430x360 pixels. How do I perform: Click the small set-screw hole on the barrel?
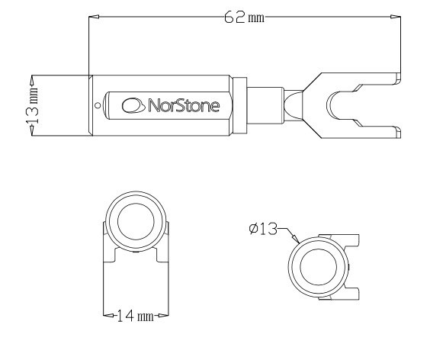point(96,105)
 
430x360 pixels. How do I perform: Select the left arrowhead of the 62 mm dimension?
point(92,17)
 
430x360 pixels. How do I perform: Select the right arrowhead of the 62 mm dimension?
point(395,17)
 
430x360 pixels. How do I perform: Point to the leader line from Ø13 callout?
point(289,233)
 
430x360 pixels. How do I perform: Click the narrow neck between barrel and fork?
point(264,104)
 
